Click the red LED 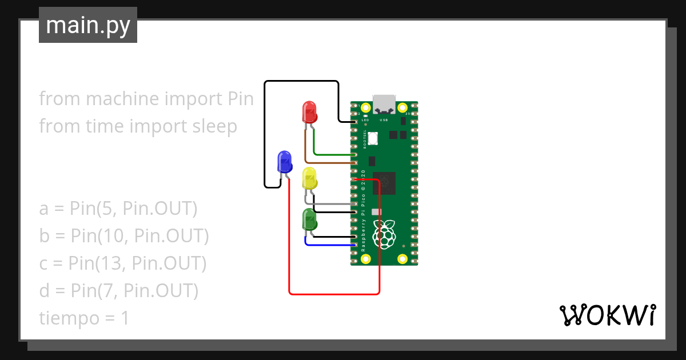click(x=309, y=112)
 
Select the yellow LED click(x=309, y=178)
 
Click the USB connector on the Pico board click(x=384, y=103)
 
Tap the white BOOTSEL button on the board click(x=373, y=138)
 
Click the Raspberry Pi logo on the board click(x=385, y=234)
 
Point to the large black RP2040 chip click(x=384, y=183)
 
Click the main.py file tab click(x=87, y=25)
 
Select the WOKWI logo click(x=607, y=315)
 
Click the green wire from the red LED click(x=332, y=155)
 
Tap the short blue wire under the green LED click(x=329, y=245)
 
